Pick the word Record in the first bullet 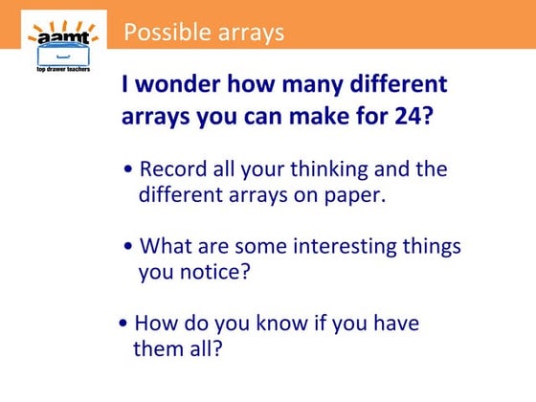172,169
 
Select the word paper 357,195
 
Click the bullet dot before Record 129,170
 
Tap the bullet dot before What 129,247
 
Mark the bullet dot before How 123,323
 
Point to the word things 431,246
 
